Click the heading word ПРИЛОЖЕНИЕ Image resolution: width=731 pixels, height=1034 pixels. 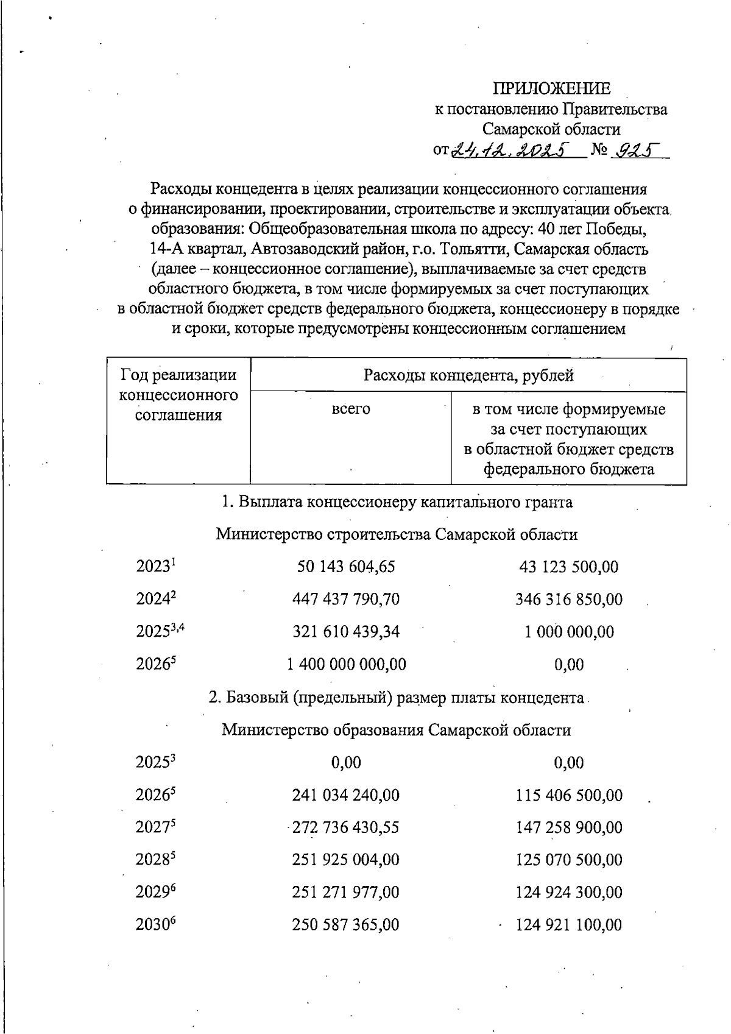tap(551, 89)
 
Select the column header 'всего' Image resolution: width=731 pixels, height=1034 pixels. tap(350, 409)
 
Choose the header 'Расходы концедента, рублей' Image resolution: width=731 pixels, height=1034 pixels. tap(468, 375)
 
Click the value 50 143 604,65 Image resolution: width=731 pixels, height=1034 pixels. tap(345, 567)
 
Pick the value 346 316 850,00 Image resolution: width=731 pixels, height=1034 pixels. tap(568, 600)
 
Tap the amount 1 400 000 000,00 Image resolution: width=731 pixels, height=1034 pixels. tap(346, 664)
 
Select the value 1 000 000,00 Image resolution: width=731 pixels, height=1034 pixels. tap(569, 632)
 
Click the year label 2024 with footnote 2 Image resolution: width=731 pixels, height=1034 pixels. tap(155, 600)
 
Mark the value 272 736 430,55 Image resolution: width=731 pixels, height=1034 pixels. tap(345, 827)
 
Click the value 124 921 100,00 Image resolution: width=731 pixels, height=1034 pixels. tap(568, 925)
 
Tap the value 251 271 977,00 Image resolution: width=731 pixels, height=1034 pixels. tap(345, 893)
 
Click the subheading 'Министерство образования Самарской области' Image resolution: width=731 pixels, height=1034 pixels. tap(396, 730)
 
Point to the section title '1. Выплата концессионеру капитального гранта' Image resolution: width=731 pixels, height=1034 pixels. tap(397, 502)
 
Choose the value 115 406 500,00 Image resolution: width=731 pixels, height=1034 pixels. tap(568, 795)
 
